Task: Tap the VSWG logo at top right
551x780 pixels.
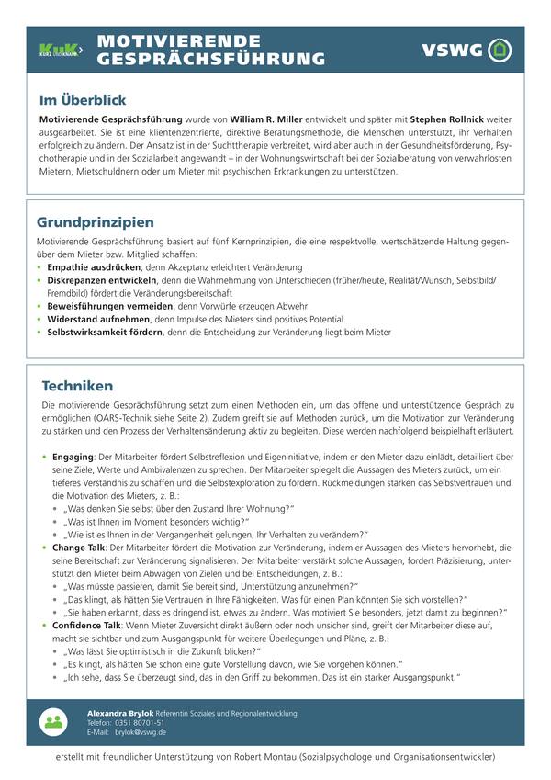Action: (466, 50)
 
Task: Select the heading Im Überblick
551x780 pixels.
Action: (82, 100)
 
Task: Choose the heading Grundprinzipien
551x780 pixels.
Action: (96, 222)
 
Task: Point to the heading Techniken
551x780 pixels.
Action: (78, 386)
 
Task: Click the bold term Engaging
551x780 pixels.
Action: (73, 456)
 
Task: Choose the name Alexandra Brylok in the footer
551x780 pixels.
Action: (120, 713)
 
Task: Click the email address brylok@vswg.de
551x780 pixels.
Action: (141, 732)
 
